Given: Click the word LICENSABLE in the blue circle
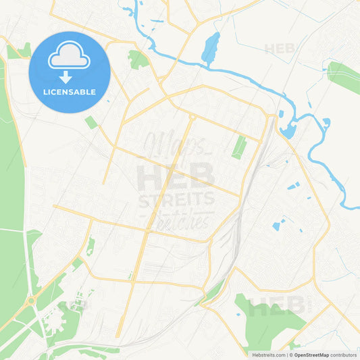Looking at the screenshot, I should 70,91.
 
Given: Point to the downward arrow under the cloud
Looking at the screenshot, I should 70,77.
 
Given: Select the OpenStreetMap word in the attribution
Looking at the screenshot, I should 311,355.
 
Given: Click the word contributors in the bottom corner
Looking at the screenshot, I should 344,355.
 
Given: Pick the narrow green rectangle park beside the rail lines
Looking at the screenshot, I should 239,147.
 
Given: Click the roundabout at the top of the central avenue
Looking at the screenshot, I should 192,118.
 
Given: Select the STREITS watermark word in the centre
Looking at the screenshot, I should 176,200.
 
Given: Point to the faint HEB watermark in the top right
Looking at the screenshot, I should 280,49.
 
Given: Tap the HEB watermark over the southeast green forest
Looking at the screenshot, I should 276,307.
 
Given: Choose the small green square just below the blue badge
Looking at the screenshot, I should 91,122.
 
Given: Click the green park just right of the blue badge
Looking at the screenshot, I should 138,59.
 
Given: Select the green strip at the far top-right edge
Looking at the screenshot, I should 344,77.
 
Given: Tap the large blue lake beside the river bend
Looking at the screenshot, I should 289,130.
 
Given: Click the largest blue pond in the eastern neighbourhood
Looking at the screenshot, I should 276,226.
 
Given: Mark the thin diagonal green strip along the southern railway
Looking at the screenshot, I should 211,292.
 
